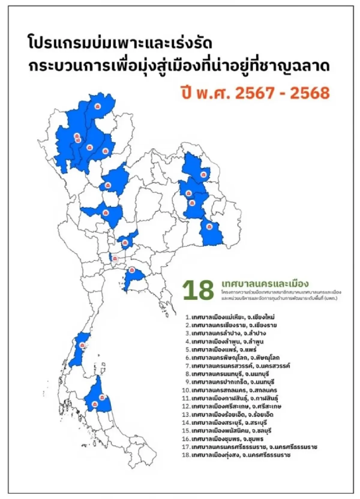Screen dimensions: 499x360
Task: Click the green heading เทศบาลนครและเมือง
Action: pyautogui.click(x=265, y=284)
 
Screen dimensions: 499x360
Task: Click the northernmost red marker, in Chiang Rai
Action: pyautogui.click(x=97, y=106)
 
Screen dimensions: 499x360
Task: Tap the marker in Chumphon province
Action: pyautogui.click(x=82, y=345)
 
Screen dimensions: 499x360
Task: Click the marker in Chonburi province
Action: pyautogui.click(x=131, y=270)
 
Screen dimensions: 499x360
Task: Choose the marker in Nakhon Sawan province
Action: pyautogui.click(x=105, y=213)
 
